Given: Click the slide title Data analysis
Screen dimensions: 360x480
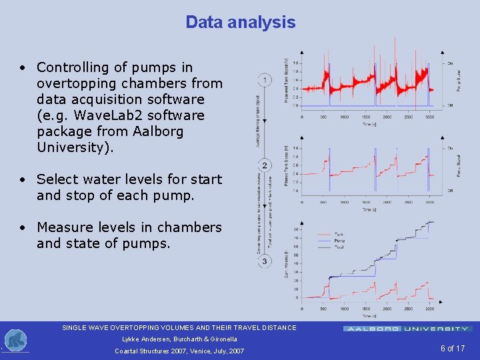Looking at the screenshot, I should [x=240, y=22].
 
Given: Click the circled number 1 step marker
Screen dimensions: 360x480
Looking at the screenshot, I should [x=265, y=81].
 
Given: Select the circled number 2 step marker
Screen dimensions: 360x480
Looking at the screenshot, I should [x=265, y=165].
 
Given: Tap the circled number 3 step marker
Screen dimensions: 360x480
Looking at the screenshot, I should [x=265, y=261].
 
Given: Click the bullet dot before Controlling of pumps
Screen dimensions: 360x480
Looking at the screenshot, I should [x=23, y=68].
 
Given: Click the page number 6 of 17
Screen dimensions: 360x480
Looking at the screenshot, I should [x=452, y=349].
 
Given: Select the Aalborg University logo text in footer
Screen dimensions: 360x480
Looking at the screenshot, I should [x=407, y=329].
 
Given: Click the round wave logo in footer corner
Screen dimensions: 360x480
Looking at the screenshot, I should [x=15, y=341].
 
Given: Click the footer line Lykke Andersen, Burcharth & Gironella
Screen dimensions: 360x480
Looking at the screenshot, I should [x=179, y=339].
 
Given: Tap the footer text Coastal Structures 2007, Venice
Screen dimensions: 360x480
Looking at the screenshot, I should [x=179, y=351].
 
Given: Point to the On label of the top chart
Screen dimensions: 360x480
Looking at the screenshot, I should [x=450, y=63].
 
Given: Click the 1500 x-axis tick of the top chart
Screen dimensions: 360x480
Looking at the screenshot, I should [x=366, y=117].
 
